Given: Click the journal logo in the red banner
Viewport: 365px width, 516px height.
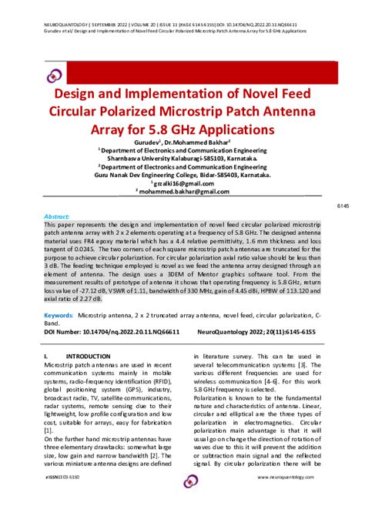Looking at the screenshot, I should coord(55,75).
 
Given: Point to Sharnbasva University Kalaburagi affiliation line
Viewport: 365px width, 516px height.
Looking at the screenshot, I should coord(182,159).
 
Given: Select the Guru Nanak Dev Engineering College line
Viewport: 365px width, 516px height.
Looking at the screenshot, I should coord(182,175).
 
